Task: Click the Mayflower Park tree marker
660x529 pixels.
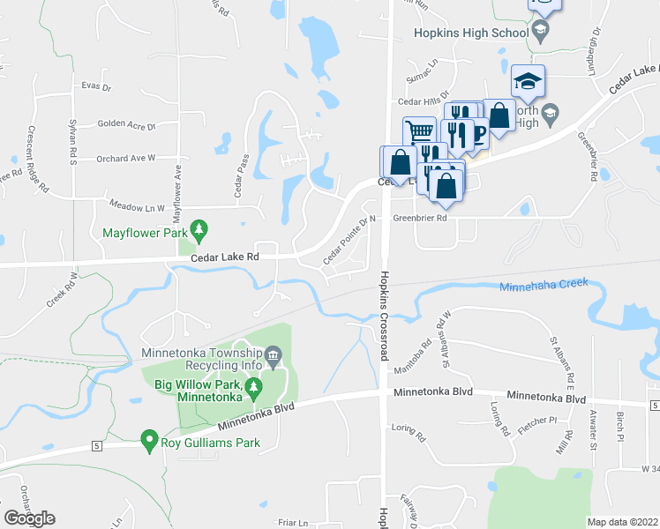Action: pyautogui.click(x=200, y=232)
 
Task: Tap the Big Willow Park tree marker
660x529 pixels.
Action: pyautogui.click(x=254, y=385)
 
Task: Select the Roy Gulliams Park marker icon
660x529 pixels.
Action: pyautogui.click(x=149, y=439)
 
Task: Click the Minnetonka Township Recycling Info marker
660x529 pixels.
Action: pyautogui.click(x=274, y=356)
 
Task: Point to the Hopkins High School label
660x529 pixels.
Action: pyautogui.click(x=471, y=33)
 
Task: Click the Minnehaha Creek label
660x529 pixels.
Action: pyautogui.click(x=543, y=286)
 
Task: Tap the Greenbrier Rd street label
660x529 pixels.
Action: pyautogui.click(x=420, y=217)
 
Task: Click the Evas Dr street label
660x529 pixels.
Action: pyautogui.click(x=95, y=87)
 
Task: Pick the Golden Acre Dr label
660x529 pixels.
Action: pyautogui.click(x=126, y=125)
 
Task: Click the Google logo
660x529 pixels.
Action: pyautogui.click(x=28, y=518)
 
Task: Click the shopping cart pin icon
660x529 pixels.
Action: pyautogui.click(x=420, y=132)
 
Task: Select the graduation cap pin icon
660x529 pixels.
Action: pyautogui.click(x=528, y=80)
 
